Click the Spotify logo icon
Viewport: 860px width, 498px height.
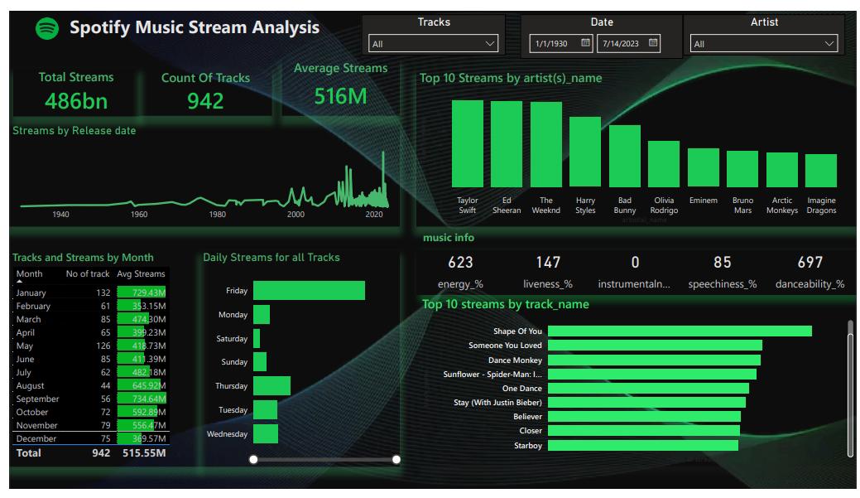click(47, 28)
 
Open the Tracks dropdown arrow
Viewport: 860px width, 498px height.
click(490, 43)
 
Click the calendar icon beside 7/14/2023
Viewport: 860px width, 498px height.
click(653, 43)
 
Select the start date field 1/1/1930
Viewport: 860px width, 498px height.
click(552, 43)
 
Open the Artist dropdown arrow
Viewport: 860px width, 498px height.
click(829, 43)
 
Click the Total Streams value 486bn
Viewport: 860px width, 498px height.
click(76, 101)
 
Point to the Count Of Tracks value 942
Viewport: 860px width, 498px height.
click(205, 101)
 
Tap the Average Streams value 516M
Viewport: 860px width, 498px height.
click(340, 96)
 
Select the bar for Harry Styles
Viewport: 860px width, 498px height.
click(585, 152)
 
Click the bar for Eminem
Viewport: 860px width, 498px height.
click(704, 167)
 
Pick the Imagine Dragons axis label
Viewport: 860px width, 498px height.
click(821, 205)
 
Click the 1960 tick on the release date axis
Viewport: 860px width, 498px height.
click(139, 215)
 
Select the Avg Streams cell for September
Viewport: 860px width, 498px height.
click(142, 399)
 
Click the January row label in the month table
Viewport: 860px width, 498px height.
click(31, 293)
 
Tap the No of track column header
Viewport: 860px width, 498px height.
click(88, 273)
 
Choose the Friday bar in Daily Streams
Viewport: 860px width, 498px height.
click(309, 290)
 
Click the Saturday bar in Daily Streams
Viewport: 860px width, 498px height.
click(257, 338)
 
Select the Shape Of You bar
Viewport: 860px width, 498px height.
click(680, 331)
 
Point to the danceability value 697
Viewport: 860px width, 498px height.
click(810, 263)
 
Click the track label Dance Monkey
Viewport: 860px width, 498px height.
click(515, 360)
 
